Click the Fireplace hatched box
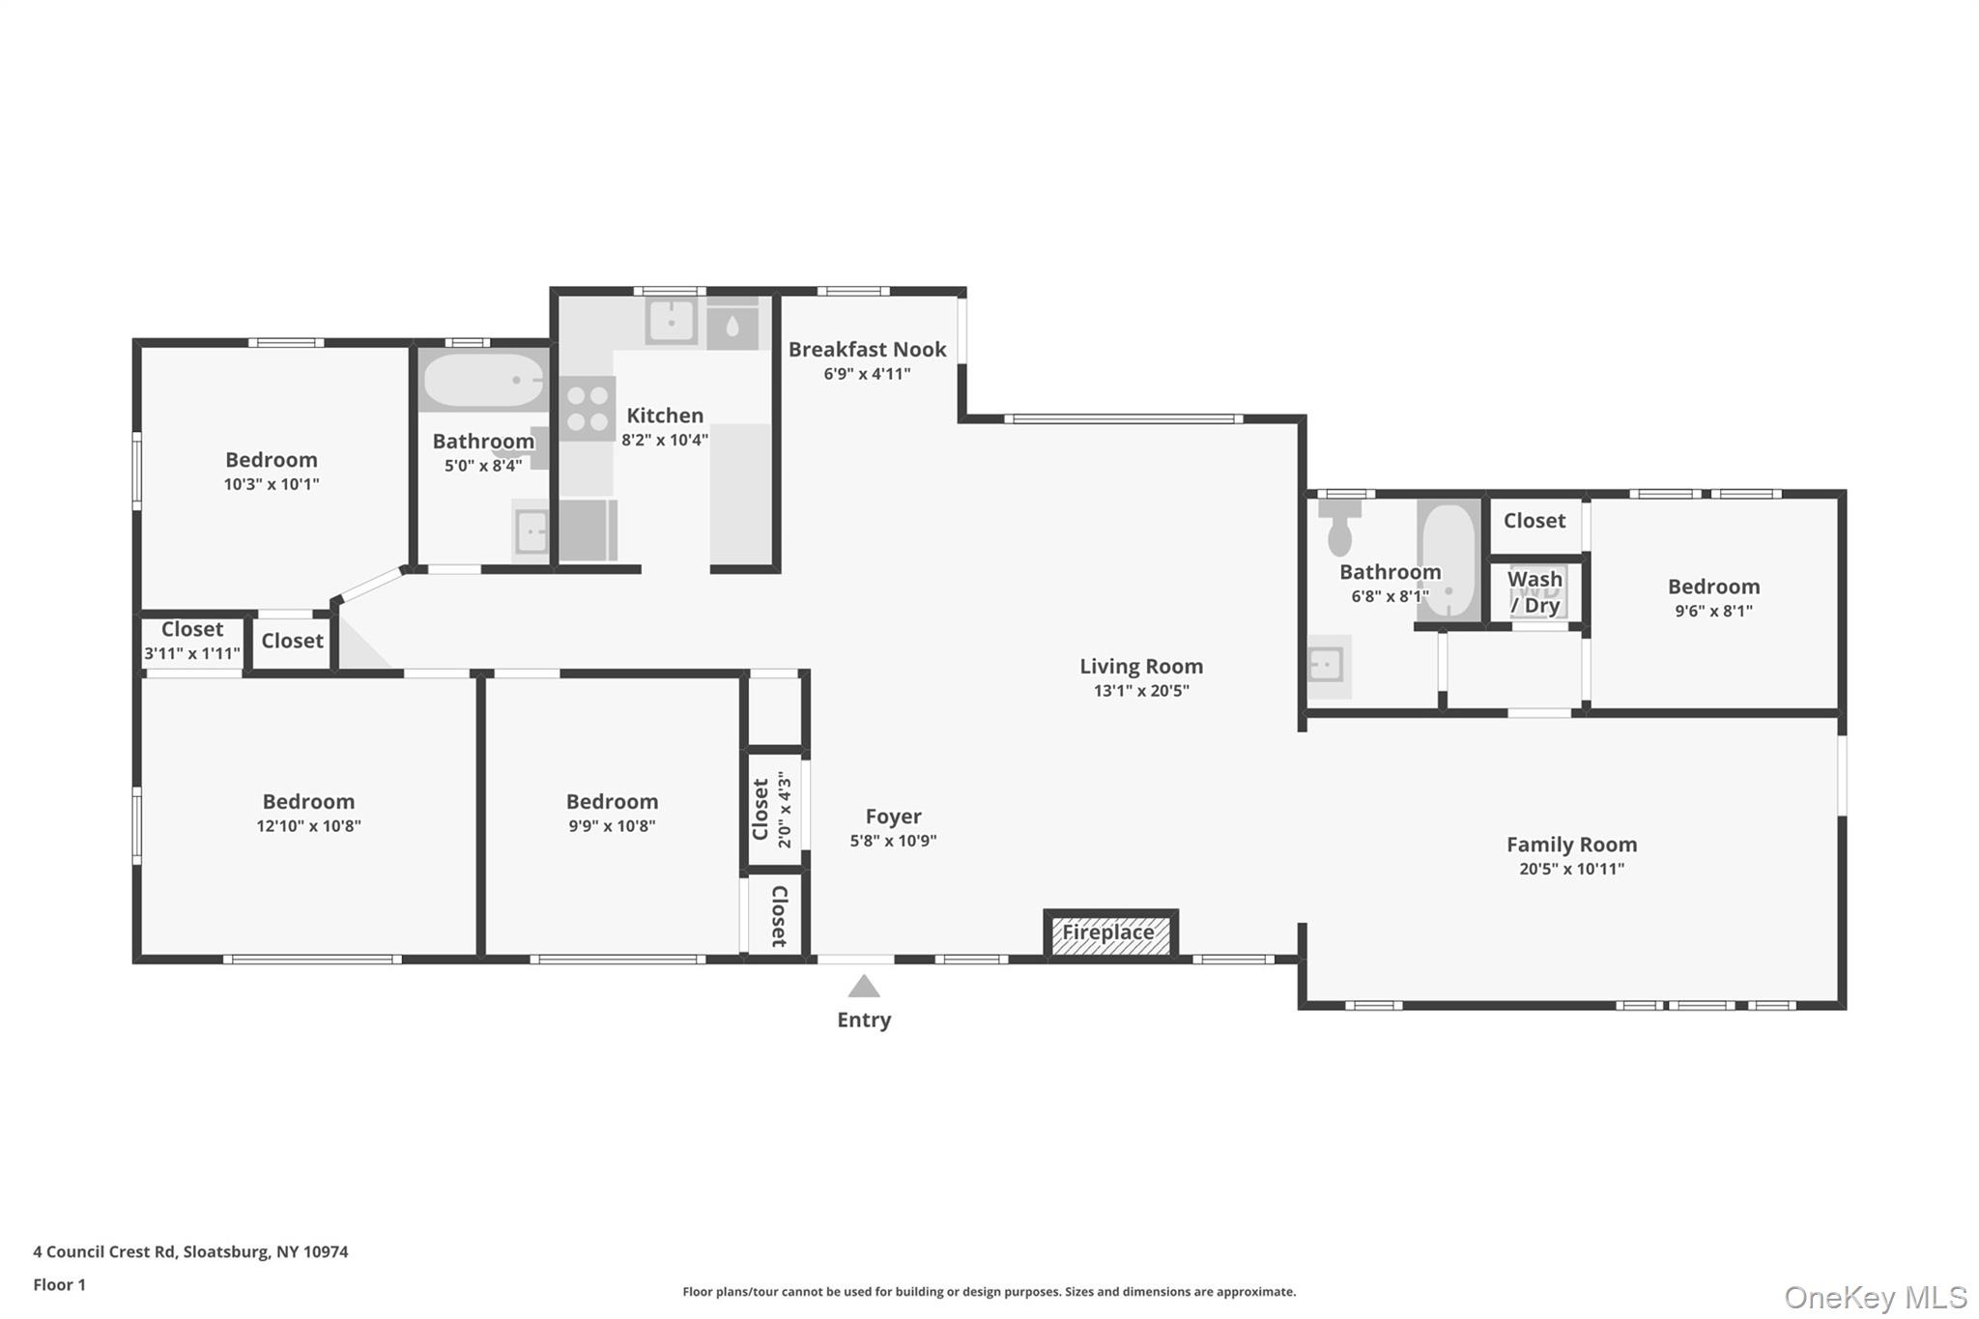tap(1110, 933)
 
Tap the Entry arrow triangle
tap(864, 986)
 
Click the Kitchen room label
tap(665, 416)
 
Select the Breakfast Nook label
tap(867, 350)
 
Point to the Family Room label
tap(1571, 845)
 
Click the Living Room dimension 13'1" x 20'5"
tap(1141, 691)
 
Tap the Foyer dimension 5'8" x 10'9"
tap(893, 841)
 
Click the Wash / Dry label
tap(1534, 592)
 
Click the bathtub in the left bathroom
tap(484, 380)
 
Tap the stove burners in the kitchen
tap(588, 409)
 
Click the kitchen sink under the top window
tap(672, 322)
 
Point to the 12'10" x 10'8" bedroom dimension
tap(308, 826)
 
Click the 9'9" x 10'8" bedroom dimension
tap(612, 826)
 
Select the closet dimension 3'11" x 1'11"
tap(192, 654)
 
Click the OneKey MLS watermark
tap(1876, 1297)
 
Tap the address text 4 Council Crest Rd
tap(104, 1251)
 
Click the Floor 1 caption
tap(59, 1285)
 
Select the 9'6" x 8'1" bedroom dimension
tap(1713, 611)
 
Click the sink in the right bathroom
tap(1328, 666)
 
